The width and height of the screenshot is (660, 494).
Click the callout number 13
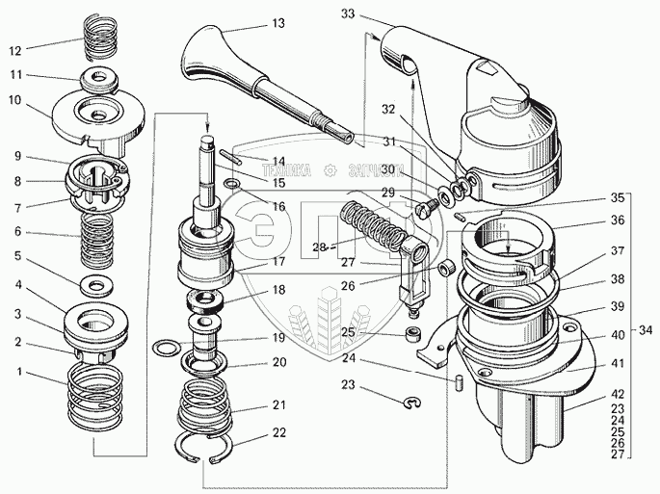[251, 21]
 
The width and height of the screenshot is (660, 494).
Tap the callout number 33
[347, 14]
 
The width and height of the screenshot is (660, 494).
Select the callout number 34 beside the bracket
[646, 331]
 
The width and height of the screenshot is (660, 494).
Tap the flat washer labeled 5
[94, 285]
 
